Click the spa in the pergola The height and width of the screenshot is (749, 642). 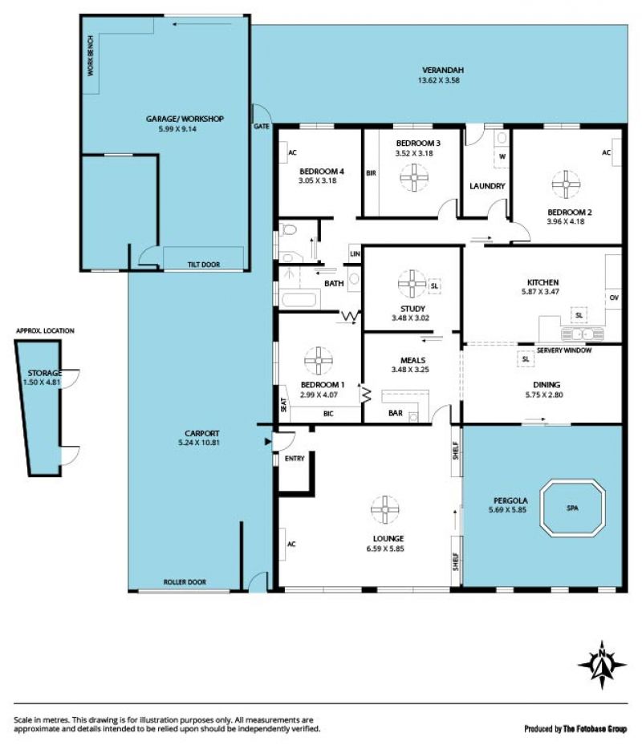pos(572,508)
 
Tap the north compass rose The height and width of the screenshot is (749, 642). pos(602,665)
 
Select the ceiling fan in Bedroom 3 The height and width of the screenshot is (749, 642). pos(414,177)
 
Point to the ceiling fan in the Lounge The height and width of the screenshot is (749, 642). pos(385,510)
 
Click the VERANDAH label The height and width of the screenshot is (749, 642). pos(443,71)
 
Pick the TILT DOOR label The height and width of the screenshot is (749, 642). pos(204,264)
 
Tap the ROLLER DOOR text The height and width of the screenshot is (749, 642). pos(185,582)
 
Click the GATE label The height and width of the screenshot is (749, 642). pos(262,126)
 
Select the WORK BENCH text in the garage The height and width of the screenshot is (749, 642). pos(91,56)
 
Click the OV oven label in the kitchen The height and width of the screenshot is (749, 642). pos(614,298)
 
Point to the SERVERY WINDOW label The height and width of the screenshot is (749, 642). pos(564,350)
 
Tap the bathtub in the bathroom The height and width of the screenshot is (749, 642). pos(299,300)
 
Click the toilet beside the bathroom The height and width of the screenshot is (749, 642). pos(289,230)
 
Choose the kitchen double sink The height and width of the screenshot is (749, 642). pos(583,334)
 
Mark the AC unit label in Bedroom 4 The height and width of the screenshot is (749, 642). pos(293,152)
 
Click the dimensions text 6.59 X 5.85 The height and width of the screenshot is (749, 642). pos(385,549)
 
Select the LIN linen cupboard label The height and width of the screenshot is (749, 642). pos(355,253)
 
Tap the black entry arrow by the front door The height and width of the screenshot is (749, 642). pos(268,442)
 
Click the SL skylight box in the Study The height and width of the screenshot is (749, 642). pos(434,285)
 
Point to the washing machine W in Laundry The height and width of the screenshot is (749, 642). pos(502,156)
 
